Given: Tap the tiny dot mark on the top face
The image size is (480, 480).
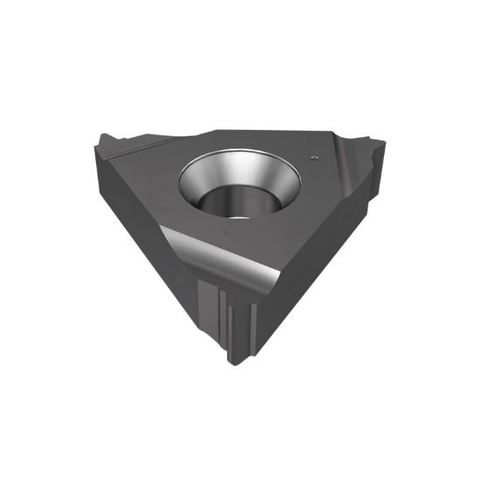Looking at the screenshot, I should [x=313, y=157].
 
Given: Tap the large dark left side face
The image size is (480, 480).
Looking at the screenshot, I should [x=148, y=236].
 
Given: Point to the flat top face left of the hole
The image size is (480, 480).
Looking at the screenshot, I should [x=148, y=175].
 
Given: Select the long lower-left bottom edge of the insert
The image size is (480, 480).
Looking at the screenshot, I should [x=157, y=279].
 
